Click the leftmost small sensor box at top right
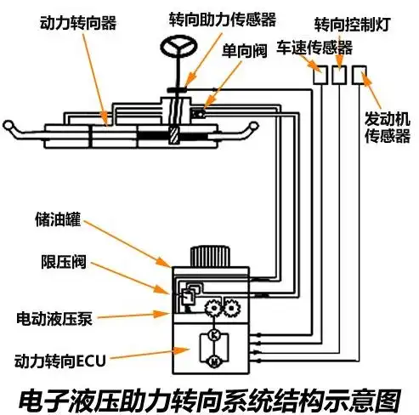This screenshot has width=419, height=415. [x=320, y=75]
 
